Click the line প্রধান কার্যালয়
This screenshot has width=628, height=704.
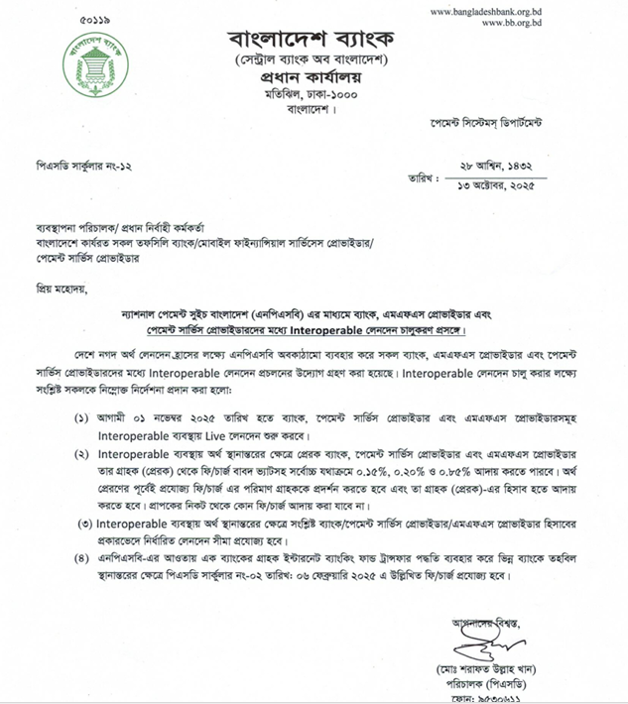pyautogui.click(x=312, y=80)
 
